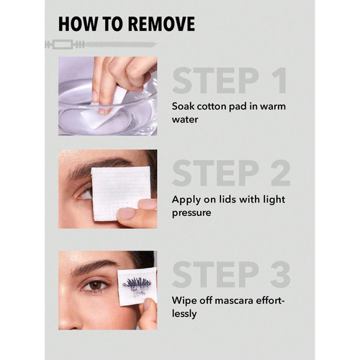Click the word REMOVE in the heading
(161, 24)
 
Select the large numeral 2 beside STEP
(281, 173)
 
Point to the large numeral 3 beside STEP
(281, 274)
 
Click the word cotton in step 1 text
(212, 107)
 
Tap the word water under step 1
(185, 120)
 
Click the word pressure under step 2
(192, 213)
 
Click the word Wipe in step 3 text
(182, 300)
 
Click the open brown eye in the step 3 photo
(96, 285)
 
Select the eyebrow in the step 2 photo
(96, 166)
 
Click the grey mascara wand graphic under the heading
(101, 45)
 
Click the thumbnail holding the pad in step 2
(126, 213)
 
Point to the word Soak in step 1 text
(183, 107)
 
